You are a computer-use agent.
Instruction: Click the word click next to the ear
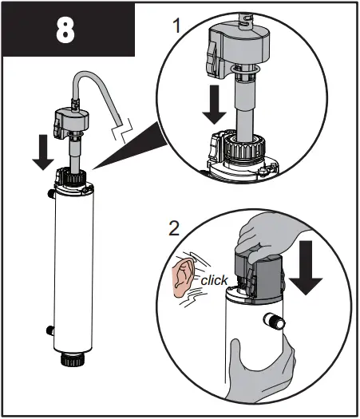[214, 280]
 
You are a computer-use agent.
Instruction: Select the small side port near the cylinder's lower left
[48, 328]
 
